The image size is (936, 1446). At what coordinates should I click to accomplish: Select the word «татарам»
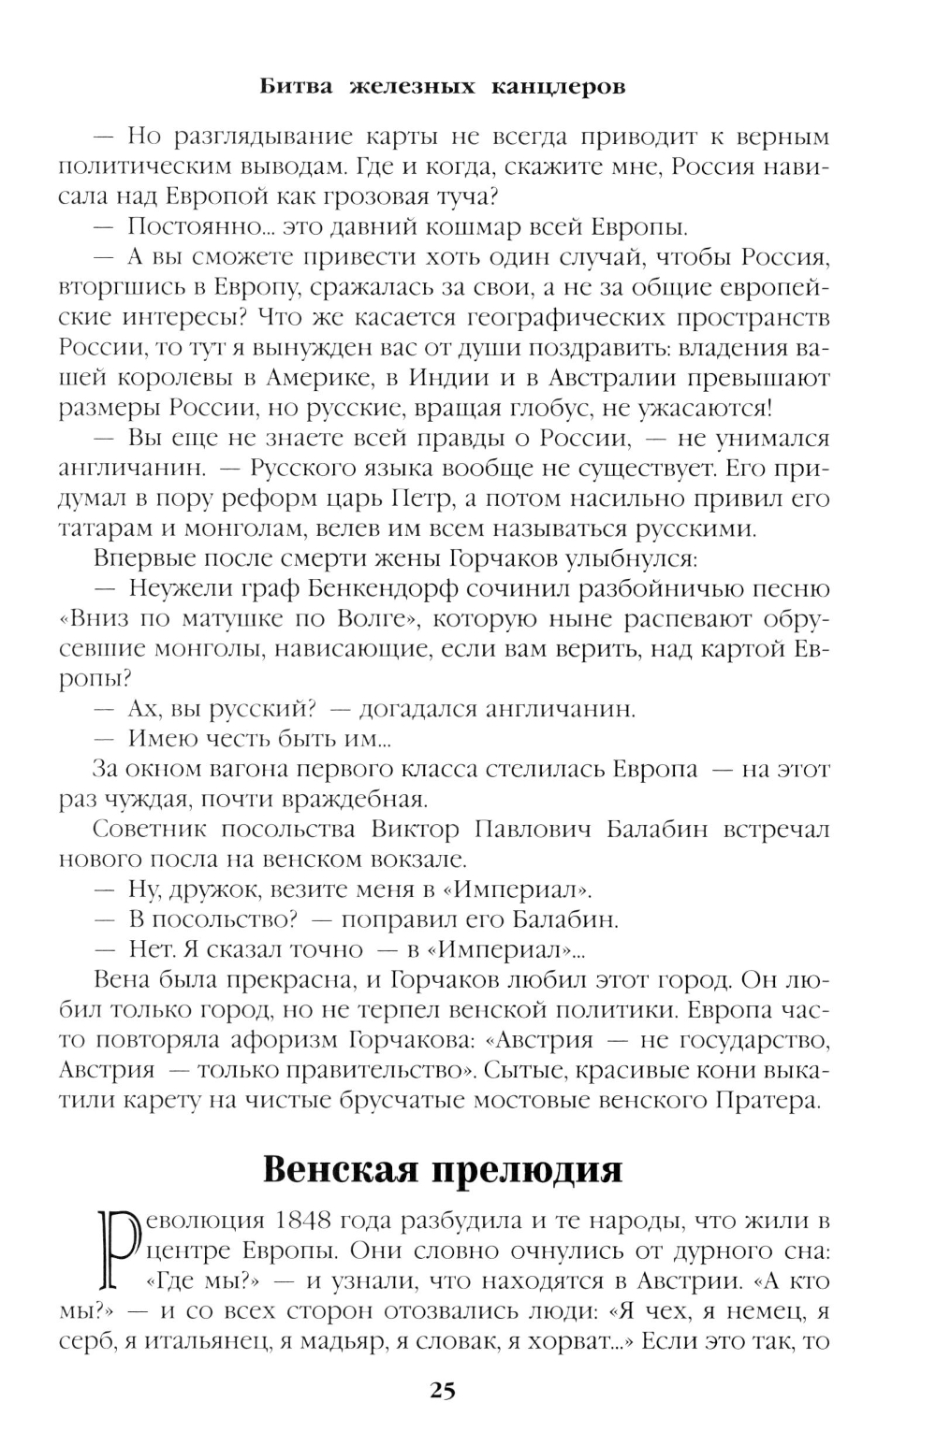coord(99,528)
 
